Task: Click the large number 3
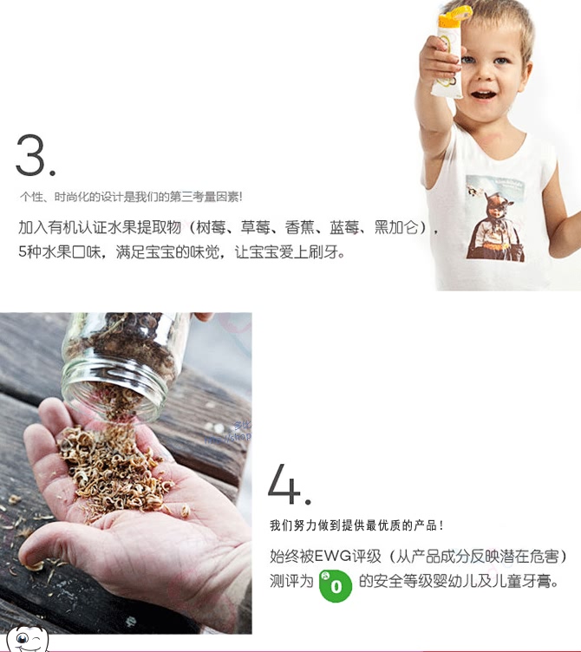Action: pos(30,154)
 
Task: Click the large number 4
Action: pos(284,483)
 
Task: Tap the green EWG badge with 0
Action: pos(336,585)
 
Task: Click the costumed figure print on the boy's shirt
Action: pos(495,218)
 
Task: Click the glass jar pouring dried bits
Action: pos(121,362)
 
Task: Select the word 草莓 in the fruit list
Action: pos(254,228)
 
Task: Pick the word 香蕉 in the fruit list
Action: pos(298,228)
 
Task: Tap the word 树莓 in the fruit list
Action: pos(210,228)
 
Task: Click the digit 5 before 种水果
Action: pos(23,251)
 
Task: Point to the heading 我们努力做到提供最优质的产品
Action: pos(356,525)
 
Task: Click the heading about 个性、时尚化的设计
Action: pos(131,197)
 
